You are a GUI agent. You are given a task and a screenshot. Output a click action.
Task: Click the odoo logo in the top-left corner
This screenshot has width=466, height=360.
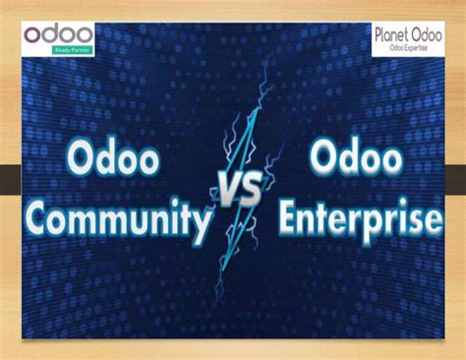click(59, 34)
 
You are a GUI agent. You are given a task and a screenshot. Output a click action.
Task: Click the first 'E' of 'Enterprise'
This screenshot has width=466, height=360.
click(288, 215)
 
